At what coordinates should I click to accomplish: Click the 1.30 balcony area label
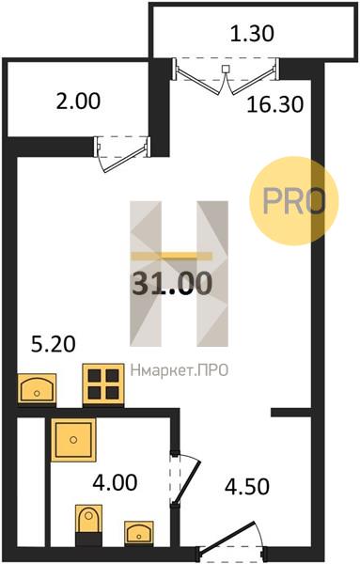252,34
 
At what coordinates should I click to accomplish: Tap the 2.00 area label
78,101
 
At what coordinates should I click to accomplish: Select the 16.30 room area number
275,104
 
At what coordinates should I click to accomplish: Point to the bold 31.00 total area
172,283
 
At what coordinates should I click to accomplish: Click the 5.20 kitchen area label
54,344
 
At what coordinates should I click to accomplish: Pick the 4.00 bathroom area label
115,482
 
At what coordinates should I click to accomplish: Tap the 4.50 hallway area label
247,486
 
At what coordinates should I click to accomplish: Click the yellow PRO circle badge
294,201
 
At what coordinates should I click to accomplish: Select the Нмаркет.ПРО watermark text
180,370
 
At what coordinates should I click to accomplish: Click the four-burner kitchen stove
103,384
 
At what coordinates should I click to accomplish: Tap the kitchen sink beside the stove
37,388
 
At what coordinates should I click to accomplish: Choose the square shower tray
73,440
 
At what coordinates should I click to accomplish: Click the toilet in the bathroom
88,523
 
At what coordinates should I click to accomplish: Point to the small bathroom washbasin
139,532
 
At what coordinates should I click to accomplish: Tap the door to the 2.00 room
122,153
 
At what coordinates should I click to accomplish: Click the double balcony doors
226,76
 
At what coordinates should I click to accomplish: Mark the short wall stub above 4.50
291,413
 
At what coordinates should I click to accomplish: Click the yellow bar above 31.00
172,256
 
